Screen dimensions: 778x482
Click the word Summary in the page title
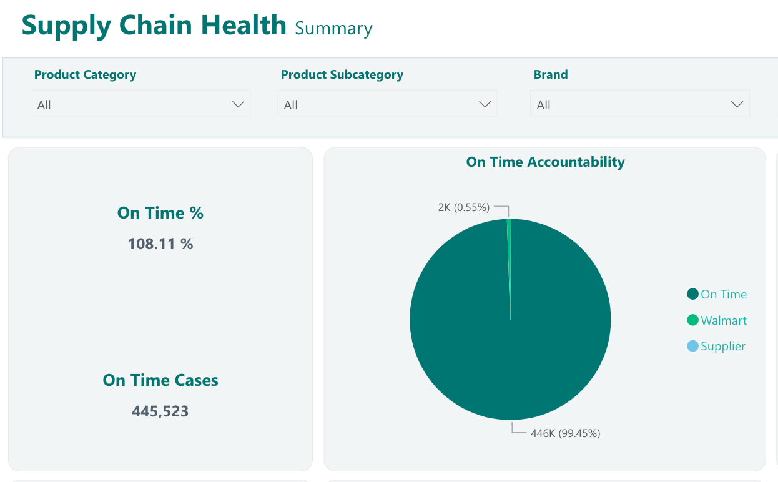point(333,29)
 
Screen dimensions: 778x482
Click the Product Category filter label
point(85,75)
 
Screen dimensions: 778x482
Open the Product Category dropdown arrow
point(239,104)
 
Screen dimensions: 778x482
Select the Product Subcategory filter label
point(342,75)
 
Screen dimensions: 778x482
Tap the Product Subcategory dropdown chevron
point(485,104)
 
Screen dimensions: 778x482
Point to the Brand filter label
point(551,74)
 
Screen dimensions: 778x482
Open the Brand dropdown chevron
point(737,104)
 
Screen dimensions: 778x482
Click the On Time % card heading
point(160,212)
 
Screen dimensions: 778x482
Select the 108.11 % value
point(160,243)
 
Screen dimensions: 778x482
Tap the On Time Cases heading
point(160,380)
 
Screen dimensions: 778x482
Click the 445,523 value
point(160,411)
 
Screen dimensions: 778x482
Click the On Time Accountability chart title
point(545,162)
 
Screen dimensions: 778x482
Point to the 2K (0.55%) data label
point(464,207)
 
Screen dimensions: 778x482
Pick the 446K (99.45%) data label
point(566,433)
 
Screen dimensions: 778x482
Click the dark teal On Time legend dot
point(692,294)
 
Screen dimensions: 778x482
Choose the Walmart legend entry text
point(724,320)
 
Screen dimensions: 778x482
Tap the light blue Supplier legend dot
point(692,346)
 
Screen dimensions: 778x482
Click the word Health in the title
point(244,25)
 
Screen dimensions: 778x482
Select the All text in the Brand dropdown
point(544,105)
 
